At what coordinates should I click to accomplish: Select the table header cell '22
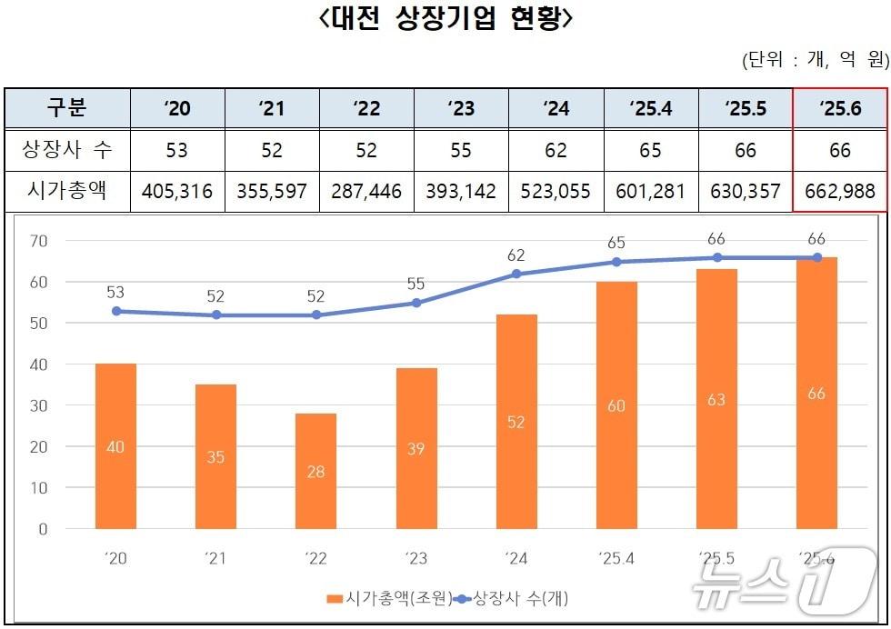pos(366,109)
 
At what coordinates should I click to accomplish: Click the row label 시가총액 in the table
pos(66,191)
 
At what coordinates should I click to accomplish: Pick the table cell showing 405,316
pos(177,191)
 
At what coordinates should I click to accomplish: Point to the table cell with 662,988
pos(839,191)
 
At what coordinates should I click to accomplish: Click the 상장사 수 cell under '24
pos(556,150)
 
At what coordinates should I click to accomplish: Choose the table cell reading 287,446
pos(366,191)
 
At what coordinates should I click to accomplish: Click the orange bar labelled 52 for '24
pos(516,422)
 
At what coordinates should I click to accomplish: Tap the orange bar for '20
pos(115,446)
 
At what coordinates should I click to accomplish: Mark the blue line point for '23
pos(416,303)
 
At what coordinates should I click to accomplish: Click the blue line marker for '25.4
pos(616,262)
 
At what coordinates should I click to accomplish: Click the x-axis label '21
pos(215,558)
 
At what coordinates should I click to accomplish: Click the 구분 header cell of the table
pos(66,109)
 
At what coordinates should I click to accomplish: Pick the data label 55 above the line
pos(416,284)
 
